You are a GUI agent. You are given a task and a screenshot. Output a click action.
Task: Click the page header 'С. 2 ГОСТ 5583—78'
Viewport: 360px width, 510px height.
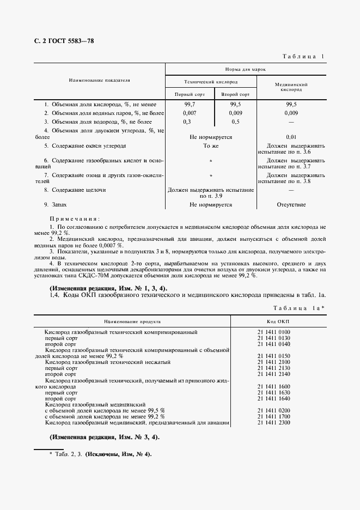point(61,42)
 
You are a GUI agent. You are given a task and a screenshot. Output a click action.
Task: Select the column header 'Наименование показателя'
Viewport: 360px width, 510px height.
point(99,80)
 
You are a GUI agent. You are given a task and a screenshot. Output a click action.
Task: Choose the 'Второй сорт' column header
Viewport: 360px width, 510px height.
point(235,94)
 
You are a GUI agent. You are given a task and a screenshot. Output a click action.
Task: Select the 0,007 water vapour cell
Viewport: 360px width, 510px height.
point(190,113)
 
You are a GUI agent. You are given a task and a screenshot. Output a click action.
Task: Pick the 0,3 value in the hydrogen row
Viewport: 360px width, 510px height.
point(187,122)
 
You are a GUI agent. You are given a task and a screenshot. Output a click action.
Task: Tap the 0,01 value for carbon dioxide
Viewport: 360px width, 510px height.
point(291,137)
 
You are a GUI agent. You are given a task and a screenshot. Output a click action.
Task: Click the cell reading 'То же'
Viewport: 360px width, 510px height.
point(210,146)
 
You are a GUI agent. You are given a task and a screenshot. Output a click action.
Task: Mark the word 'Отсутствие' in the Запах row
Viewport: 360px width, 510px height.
point(291,205)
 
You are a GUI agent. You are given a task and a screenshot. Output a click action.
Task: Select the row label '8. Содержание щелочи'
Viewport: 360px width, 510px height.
point(75,190)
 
